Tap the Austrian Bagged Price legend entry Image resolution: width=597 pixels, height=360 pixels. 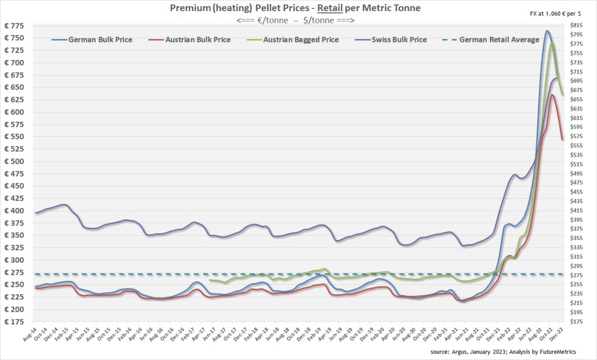coord(297,40)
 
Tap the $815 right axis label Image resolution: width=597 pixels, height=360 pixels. coord(575,26)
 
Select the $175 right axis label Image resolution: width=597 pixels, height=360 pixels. coord(575,322)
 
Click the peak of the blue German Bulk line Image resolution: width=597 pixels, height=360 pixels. coord(547,30)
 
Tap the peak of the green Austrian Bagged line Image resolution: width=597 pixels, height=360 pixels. coord(552,44)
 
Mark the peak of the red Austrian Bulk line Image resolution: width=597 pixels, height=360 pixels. coord(552,94)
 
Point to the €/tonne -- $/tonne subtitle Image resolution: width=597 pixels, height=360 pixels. coord(297,20)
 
